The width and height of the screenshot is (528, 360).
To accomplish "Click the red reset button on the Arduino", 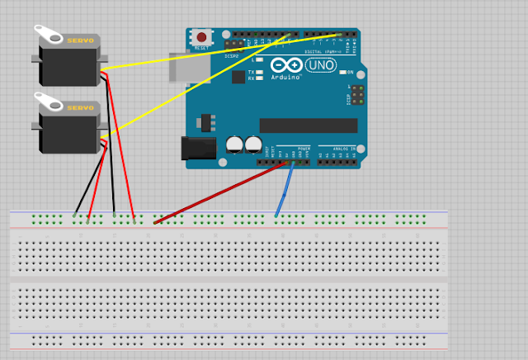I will pos(201,37).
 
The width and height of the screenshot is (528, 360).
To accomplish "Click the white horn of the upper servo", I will pos(49,34).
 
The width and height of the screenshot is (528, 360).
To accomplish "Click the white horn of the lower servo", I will pos(49,102).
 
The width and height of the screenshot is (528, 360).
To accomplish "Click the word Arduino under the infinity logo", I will pos(286,75).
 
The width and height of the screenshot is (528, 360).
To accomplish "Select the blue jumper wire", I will pos(284,191).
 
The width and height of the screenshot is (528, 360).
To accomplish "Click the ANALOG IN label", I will pos(344,149).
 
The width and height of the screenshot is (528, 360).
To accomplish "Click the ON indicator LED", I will pos(350,73).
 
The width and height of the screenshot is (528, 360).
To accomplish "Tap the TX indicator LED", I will pos(261,72).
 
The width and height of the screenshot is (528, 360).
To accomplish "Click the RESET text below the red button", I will pos(201,49).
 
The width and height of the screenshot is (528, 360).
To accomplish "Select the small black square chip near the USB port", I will pos(238,77).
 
